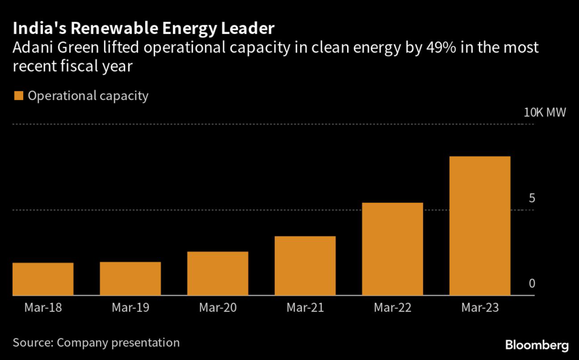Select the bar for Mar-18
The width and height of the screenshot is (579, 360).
tap(43, 279)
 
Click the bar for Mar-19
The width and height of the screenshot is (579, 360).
tap(130, 279)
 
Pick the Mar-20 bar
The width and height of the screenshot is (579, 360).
tap(218, 274)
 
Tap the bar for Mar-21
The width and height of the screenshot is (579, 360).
tap(305, 266)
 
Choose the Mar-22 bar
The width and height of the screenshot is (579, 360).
tap(392, 249)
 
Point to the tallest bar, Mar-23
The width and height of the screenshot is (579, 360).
tap(479, 226)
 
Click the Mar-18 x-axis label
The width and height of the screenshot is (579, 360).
tap(43, 308)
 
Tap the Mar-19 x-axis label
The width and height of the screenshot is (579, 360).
tap(130, 308)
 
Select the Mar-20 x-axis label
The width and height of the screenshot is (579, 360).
tap(218, 308)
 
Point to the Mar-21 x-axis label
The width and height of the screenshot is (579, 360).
tap(305, 308)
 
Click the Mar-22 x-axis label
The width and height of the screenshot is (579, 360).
tap(392, 308)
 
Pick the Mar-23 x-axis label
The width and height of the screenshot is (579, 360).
tap(479, 308)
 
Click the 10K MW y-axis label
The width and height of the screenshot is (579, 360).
tap(545, 112)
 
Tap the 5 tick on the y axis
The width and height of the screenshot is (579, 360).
tap(532, 198)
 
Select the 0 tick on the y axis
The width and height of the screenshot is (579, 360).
tap(532, 284)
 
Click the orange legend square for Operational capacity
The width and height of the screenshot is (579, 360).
tap(18, 96)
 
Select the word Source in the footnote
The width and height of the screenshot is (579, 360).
tap(32, 342)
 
